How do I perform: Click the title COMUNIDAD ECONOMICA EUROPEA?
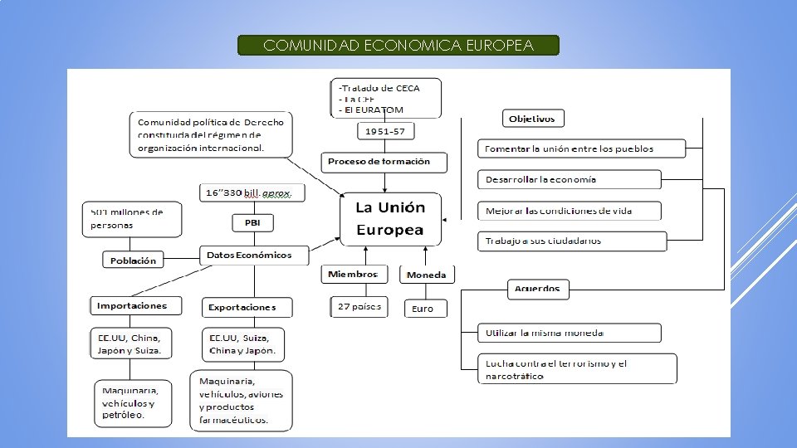pyautogui.click(x=398, y=46)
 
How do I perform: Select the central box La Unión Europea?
pyautogui.click(x=390, y=218)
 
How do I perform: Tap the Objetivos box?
pyautogui.click(x=532, y=119)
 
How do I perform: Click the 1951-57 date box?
pyautogui.click(x=386, y=131)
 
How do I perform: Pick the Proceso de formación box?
pyautogui.click(x=384, y=162)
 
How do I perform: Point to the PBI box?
pyautogui.click(x=252, y=223)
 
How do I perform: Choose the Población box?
pyautogui.click(x=133, y=261)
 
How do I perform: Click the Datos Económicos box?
pyautogui.click(x=253, y=256)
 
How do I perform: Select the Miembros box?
pyautogui.click(x=353, y=275)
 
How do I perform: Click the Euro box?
pyautogui.click(x=423, y=309)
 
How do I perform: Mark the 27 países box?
pyautogui.click(x=359, y=307)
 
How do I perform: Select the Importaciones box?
pyautogui.click(x=133, y=306)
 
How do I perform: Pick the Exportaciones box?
pyautogui.click(x=247, y=308)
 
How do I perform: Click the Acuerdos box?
pyautogui.click(x=537, y=290)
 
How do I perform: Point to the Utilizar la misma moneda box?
pyautogui.click(x=570, y=334)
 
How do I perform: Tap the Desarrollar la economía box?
pyautogui.click(x=570, y=180)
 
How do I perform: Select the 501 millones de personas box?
pyautogui.click(x=123, y=218)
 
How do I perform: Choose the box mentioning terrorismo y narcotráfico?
pyautogui.click(x=577, y=369)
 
